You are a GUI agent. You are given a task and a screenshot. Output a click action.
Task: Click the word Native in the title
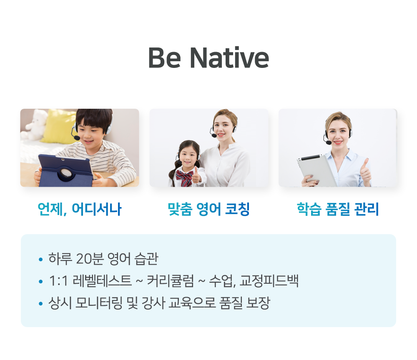229,58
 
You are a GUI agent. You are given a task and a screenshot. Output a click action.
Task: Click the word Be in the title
165,58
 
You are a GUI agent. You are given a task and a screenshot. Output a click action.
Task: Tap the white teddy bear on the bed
34,125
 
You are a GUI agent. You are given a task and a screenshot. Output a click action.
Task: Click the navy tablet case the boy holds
65,170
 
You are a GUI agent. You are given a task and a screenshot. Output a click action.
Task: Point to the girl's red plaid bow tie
185,177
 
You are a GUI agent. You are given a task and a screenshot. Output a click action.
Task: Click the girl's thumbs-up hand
196,175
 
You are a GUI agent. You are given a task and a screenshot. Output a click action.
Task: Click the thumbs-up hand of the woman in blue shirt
365,172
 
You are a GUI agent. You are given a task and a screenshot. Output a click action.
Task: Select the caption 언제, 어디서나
80,209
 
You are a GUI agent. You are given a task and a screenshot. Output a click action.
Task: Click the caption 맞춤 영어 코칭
209,209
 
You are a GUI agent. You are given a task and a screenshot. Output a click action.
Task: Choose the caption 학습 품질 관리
338,209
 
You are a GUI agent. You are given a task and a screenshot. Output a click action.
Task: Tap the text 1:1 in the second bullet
58,281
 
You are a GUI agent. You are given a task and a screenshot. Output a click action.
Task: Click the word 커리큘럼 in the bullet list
170,281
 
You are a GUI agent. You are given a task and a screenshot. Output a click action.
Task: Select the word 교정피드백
269,281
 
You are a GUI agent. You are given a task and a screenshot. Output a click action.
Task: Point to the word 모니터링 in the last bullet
99,303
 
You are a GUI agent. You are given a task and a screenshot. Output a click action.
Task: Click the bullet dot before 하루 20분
40,259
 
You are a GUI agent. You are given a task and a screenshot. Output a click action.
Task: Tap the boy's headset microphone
76,137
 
